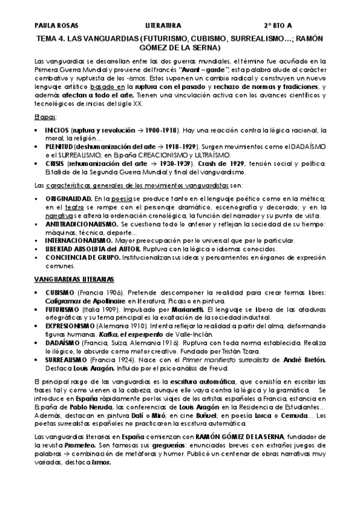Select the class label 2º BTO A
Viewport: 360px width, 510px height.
[x=280, y=26]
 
